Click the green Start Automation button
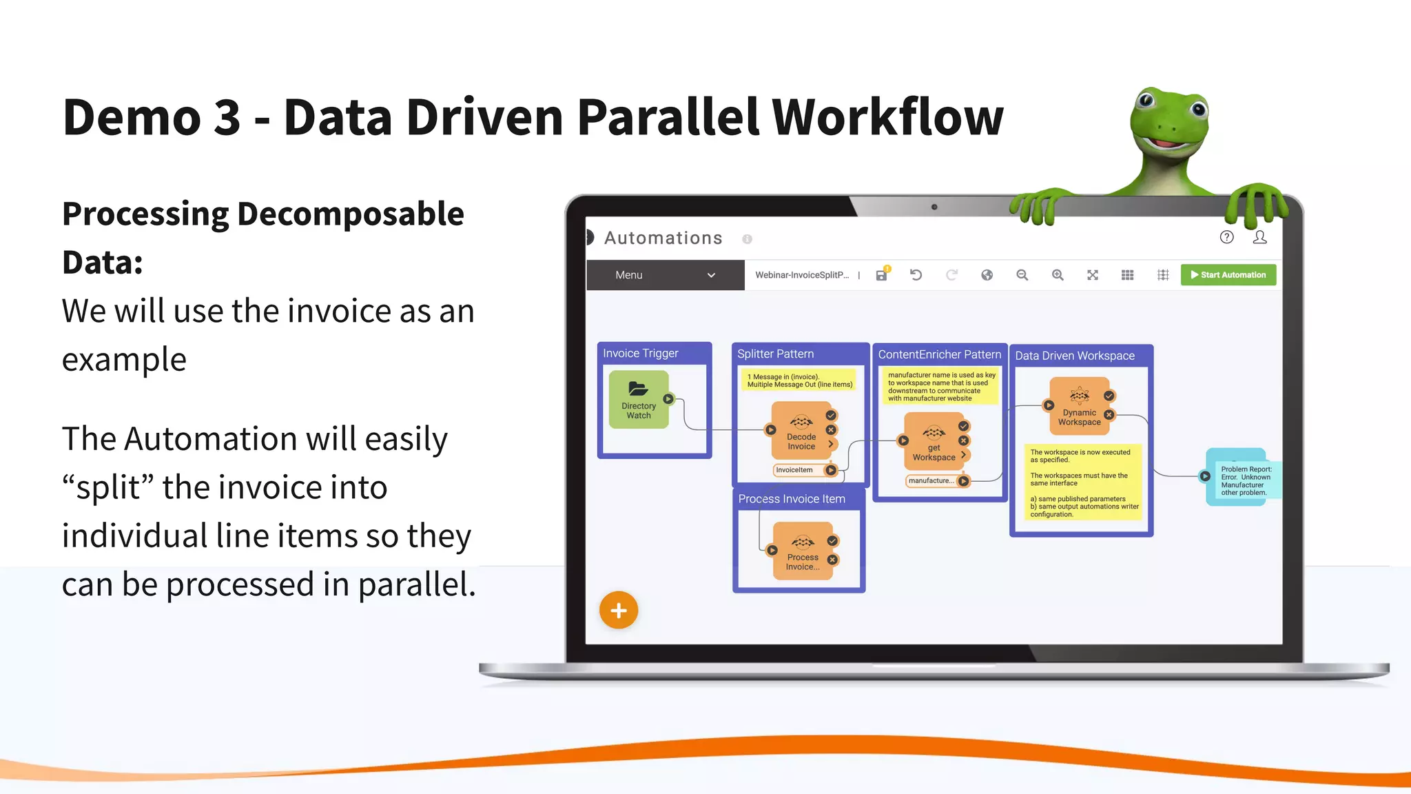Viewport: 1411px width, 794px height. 1228,275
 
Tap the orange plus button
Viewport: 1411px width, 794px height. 618,610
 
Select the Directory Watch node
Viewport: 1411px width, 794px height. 639,400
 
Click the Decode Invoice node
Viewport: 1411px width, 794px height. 801,431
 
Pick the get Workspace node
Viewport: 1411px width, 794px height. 934,441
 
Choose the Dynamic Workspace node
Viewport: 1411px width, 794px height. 1079,406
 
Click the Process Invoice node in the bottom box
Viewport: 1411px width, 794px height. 803,551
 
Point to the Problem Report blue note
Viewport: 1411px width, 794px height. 1243,478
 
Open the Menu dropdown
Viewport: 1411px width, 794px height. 665,275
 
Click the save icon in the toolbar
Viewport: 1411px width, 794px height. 881,275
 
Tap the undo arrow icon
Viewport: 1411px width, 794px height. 916,275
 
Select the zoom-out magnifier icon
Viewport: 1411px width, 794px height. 1022,275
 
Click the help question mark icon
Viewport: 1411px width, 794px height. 1226,237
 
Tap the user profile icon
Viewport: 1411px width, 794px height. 1259,237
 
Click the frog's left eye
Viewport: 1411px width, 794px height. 1146,101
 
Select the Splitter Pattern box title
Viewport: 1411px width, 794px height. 775,354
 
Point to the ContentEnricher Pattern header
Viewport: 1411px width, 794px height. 939,354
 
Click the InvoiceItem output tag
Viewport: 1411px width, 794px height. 794,470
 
